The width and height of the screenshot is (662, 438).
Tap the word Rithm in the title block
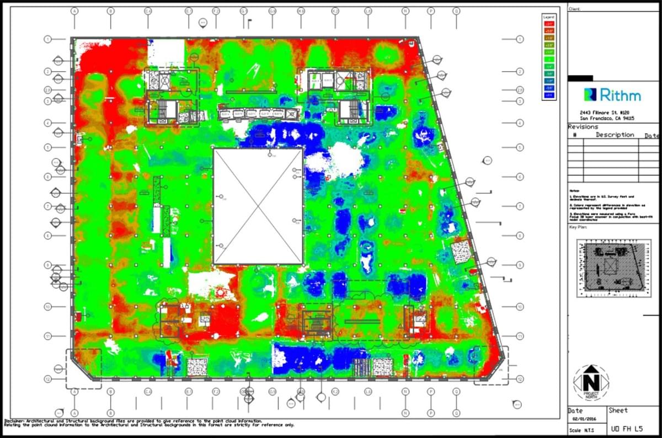[x=620, y=95]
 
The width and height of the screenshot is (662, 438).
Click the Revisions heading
[x=583, y=127]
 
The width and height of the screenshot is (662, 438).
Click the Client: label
[x=575, y=9]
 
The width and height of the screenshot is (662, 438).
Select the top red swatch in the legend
[x=549, y=23]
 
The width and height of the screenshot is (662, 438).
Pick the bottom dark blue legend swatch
[x=549, y=95]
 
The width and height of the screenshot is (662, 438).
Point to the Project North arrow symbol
[x=590, y=382]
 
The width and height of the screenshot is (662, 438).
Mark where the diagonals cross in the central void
[x=258, y=206]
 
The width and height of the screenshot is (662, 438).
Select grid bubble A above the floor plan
[x=74, y=10]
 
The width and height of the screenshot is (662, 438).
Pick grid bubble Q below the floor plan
[x=456, y=413]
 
